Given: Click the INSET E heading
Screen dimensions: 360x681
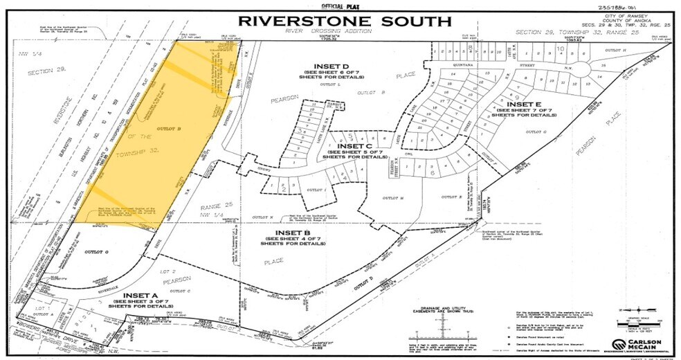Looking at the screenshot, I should tap(522, 104).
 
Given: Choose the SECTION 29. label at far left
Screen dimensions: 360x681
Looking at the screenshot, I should tap(43, 72).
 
